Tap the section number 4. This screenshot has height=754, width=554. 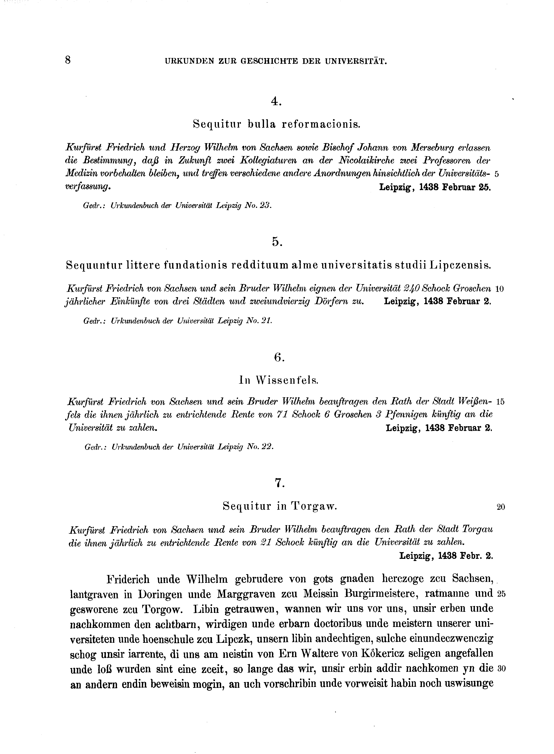(276, 102)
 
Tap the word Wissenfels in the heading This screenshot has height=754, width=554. (287, 380)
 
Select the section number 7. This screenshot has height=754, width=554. (279, 483)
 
